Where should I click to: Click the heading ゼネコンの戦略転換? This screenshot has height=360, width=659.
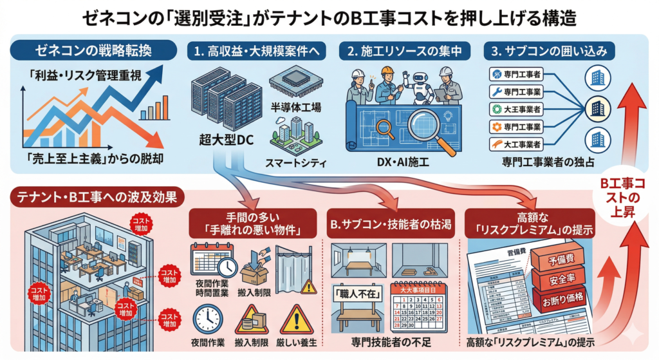click(95, 50)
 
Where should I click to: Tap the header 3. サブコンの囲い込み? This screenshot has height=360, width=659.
click(549, 50)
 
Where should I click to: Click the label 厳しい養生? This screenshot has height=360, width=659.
click(296, 341)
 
